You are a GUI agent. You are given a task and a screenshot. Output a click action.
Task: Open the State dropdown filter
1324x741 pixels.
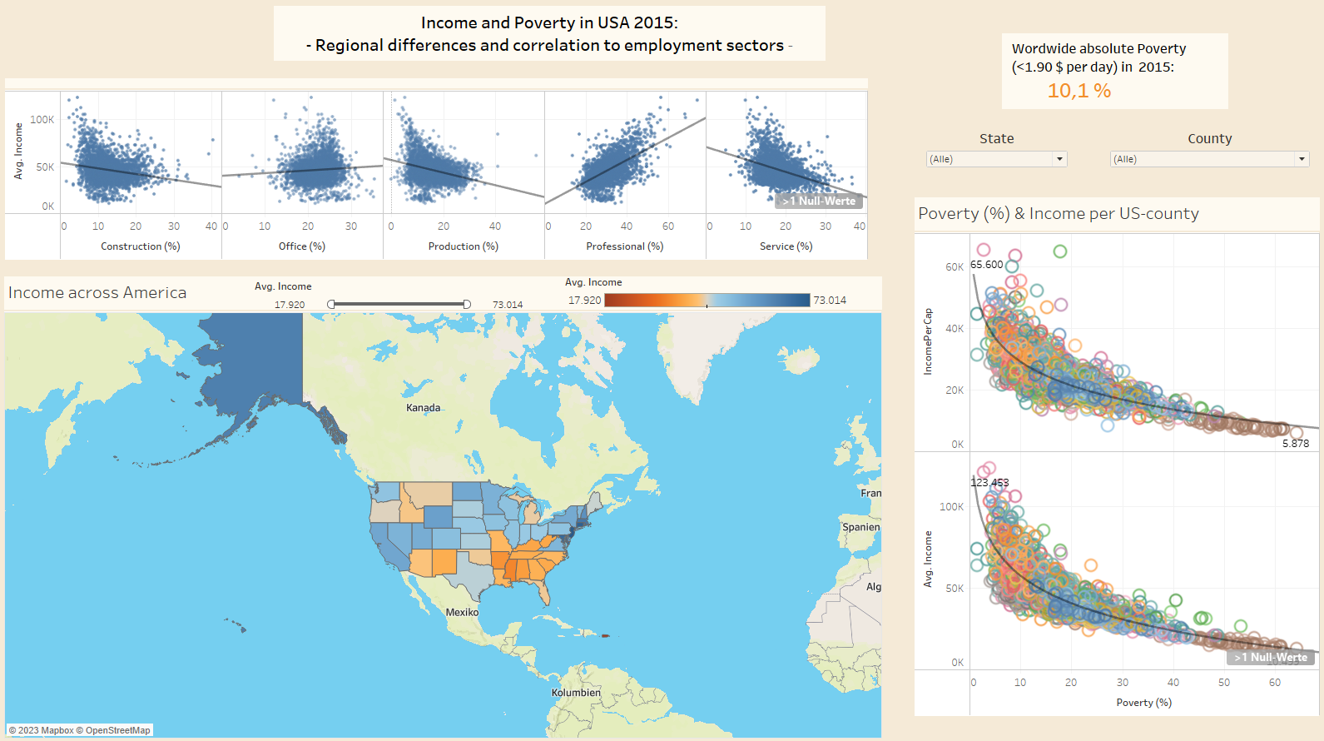[997, 159]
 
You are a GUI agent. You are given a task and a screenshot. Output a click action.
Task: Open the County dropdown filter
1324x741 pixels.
[1209, 159]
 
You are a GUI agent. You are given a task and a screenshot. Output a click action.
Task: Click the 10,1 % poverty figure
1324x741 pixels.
[1079, 91]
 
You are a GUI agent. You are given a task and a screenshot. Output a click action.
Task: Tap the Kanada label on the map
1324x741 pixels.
[424, 408]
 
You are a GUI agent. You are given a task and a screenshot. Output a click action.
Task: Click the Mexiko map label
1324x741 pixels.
[462, 612]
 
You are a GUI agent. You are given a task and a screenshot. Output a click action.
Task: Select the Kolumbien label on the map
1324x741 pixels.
[576, 693]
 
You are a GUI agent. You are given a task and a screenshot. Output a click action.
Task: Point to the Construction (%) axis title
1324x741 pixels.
[141, 246]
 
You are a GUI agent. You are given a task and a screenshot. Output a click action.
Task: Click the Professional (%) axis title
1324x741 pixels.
[625, 246]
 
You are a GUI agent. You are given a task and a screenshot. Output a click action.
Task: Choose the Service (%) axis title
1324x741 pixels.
[786, 246]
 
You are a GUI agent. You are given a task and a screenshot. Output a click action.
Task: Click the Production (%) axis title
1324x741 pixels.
[464, 246]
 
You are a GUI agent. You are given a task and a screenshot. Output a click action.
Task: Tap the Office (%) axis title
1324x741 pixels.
[302, 246]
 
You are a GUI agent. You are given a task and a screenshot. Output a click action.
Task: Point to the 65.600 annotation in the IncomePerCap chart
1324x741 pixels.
[987, 265]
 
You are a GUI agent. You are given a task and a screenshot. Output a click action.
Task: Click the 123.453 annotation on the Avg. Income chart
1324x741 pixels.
[989, 483]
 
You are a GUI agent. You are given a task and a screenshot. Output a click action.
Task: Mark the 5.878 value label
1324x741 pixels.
[1296, 444]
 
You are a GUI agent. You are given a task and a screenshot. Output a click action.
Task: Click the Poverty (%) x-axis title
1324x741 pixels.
[1144, 703]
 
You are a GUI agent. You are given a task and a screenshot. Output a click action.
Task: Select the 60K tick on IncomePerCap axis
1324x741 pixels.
[955, 267]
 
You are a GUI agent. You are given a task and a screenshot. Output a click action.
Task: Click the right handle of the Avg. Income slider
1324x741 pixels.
[467, 305]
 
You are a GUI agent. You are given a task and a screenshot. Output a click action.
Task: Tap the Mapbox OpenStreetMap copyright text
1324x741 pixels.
[80, 730]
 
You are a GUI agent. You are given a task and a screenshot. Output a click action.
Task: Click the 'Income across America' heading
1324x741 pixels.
[97, 293]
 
